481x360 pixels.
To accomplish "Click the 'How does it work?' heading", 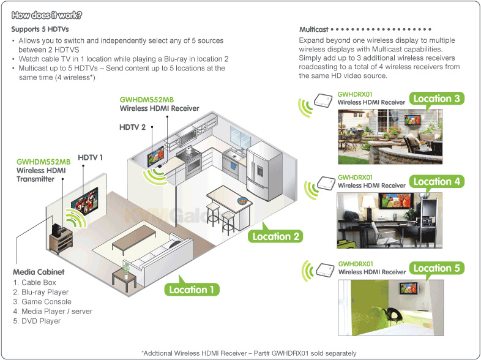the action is click(x=47, y=15).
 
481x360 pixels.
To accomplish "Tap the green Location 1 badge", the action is click(x=192, y=290).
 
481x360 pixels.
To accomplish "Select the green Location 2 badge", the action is click(x=275, y=236).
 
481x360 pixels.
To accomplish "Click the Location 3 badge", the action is click(x=436, y=99).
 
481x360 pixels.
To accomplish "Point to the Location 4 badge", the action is click(x=437, y=181).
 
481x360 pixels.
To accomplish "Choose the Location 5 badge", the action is click(x=437, y=268).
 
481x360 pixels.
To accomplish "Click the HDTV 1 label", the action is click(x=90, y=157).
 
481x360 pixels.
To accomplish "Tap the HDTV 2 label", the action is click(x=132, y=127).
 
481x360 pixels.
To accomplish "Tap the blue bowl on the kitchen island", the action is click(x=242, y=201).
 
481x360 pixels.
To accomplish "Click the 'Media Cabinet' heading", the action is click(x=39, y=272).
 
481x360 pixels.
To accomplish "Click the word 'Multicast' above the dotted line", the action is click(x=314, y=29).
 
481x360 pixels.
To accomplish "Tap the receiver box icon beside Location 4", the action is click(x=326, y=183).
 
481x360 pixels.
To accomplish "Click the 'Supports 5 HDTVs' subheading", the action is click(x=40, y=29).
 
